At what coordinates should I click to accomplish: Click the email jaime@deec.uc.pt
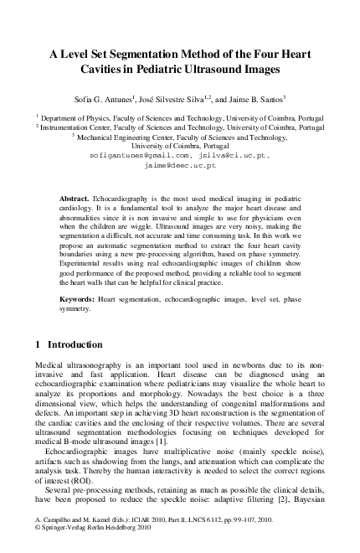pos(180,165)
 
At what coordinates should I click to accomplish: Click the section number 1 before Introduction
pos(39,344)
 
